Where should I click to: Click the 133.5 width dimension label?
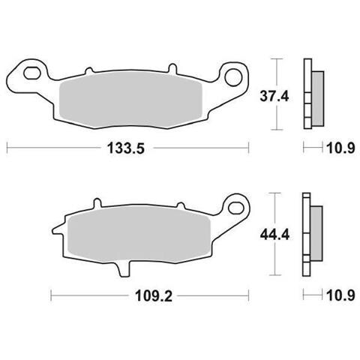[x=126, y=148]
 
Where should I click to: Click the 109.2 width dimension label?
[x=154, y=296]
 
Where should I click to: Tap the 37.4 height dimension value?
[x=274, y=96]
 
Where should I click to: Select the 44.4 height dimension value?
[x=274, y=235]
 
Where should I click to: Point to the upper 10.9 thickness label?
[x=341, y=148]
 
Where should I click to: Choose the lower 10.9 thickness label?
[x=341, y=295]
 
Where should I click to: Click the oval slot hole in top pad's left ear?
[x=32, y=73]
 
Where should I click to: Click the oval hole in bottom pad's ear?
[x=235, y=208]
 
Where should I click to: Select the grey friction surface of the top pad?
[x=130, y=100]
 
